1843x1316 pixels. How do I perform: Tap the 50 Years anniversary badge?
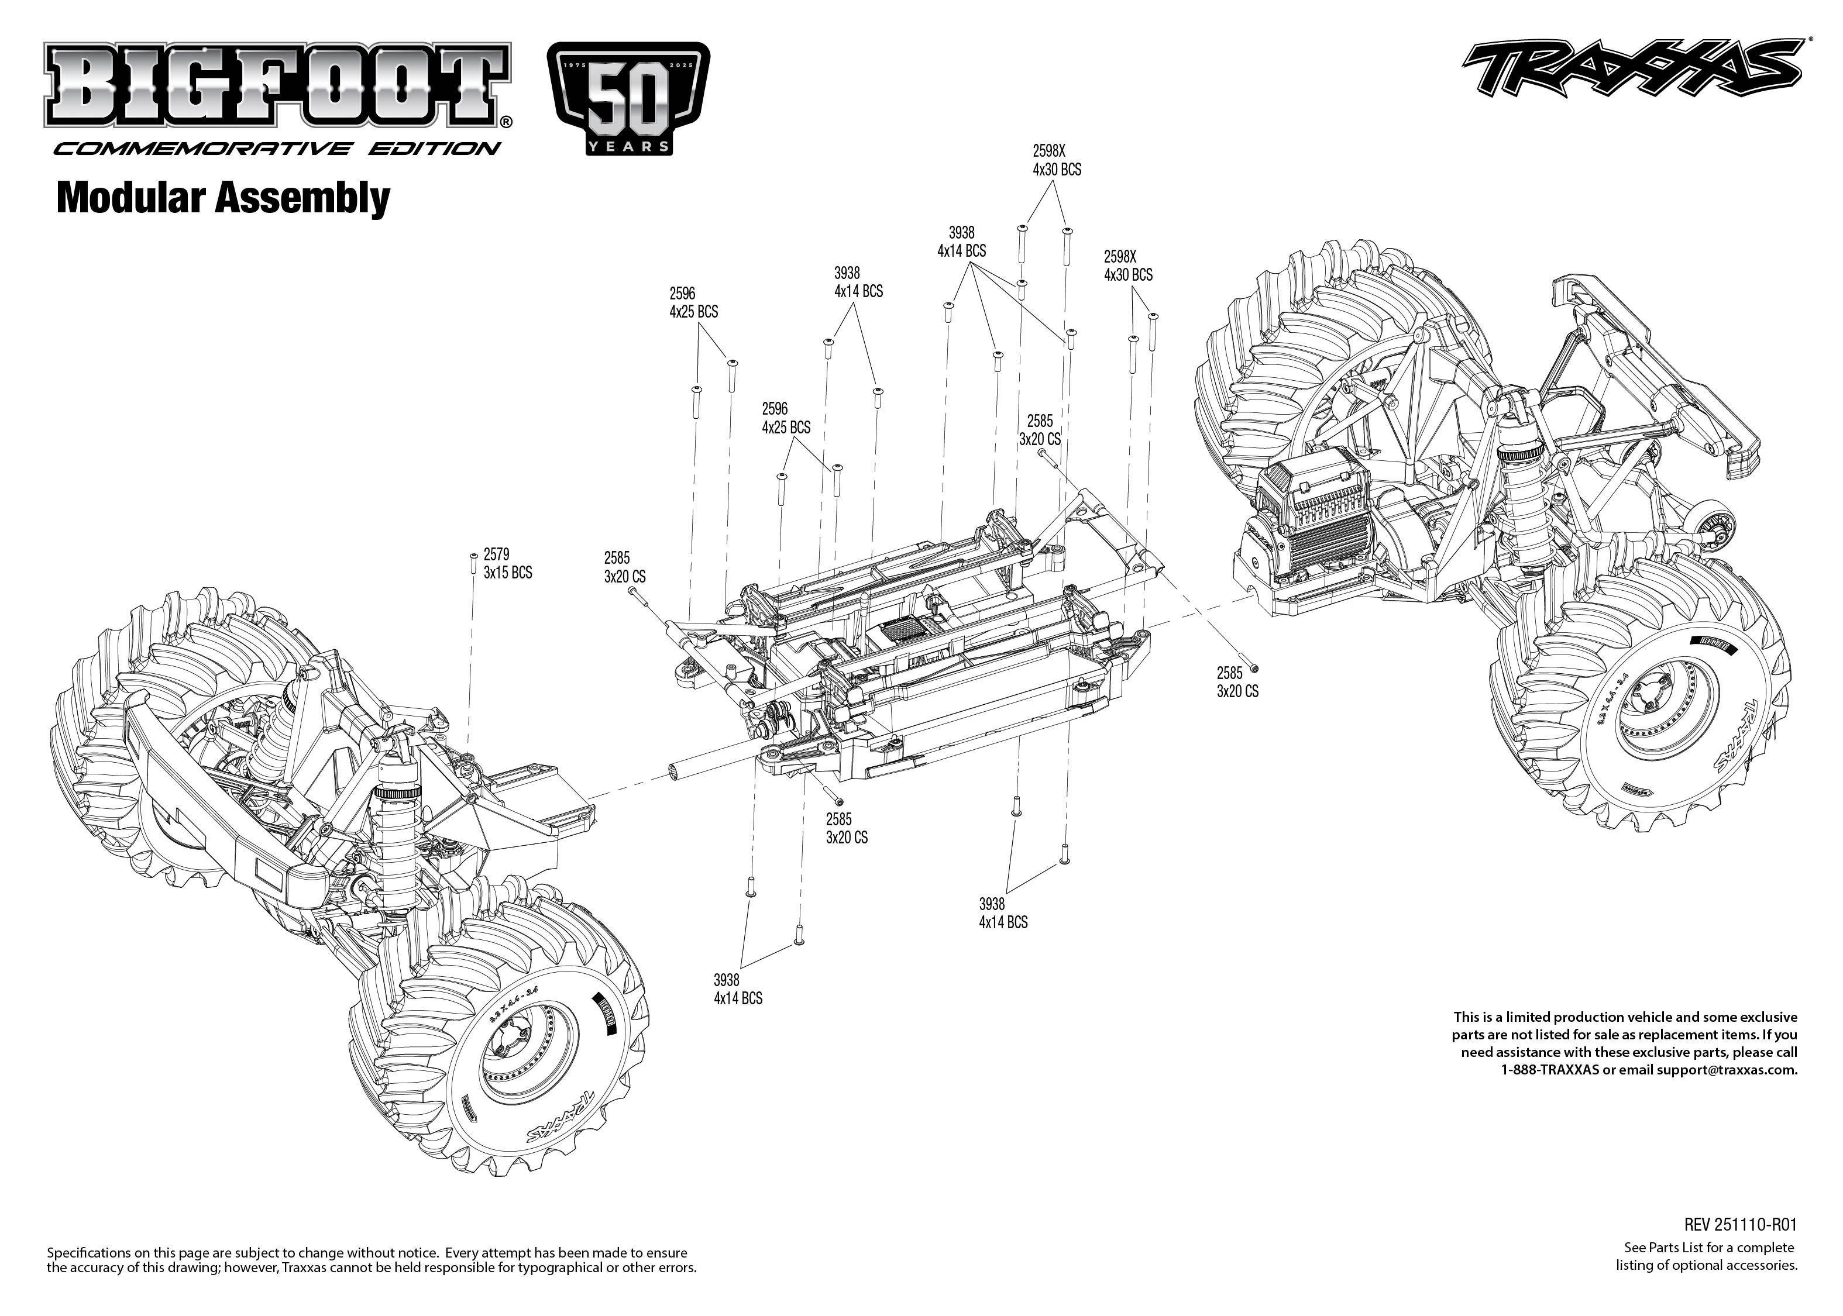click(629, 99)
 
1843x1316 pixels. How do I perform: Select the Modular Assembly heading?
click(223, 198)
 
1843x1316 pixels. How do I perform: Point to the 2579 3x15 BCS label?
click(507, 563)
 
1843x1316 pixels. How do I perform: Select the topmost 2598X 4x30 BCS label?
click(1056, 160)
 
